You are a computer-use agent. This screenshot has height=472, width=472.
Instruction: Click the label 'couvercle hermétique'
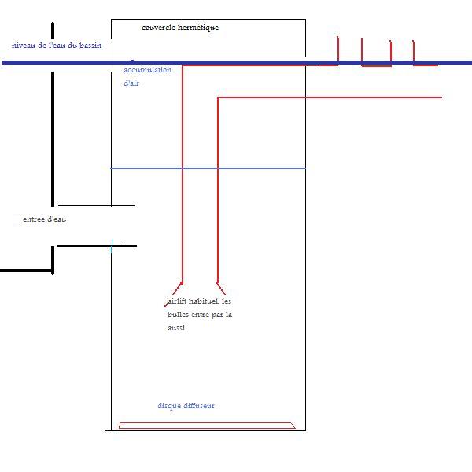180,28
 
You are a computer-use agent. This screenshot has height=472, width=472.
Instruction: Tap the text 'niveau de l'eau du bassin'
57,46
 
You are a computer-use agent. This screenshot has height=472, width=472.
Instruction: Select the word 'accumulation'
148,70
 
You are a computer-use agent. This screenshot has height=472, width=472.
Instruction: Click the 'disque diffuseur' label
186,406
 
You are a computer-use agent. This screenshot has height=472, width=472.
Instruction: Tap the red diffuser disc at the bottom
207,426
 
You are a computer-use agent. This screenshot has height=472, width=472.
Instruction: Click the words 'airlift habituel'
193,301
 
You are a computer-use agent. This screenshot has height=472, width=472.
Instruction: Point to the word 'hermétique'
199,28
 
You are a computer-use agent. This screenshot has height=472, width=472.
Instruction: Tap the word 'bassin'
89,46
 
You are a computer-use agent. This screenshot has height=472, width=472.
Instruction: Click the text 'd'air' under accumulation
133,83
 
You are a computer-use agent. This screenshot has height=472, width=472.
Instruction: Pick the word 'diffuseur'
200,406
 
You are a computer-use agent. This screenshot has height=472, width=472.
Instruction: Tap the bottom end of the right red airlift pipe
223,289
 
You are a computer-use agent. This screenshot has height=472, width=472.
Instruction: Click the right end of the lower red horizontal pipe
441,98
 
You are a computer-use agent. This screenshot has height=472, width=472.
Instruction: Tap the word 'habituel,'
205,301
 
